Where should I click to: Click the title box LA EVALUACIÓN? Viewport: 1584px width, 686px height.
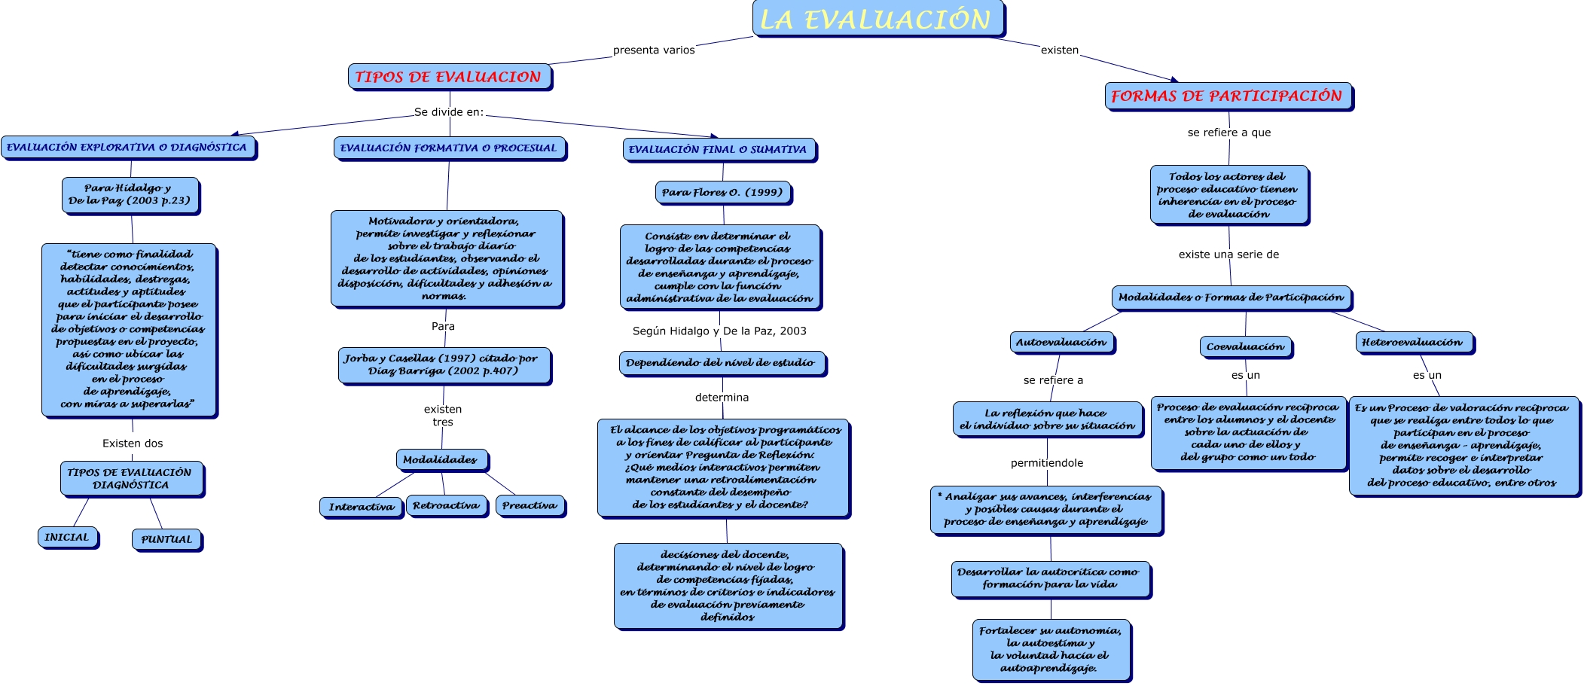[x=877, y=19]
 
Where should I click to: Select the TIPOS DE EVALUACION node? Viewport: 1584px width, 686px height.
[x=449, y=77]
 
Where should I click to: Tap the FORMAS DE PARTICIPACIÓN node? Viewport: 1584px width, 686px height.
[x=1228, y=96]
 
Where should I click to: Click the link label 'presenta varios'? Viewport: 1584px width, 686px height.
[x=654, y=50]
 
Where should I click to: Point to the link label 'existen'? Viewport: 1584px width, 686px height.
[x=1059, y=50]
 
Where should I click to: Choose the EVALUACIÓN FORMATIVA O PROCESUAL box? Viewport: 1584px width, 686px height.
[x=449, y=148]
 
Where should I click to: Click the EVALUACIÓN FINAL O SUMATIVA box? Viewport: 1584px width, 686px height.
[x=719, y=150]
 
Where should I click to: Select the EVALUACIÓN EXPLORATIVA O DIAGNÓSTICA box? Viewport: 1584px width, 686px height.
[x=127, y=148]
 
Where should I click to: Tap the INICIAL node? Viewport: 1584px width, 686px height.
[x=67, y=538]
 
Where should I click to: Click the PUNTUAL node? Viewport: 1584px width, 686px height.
[x=166, y=539]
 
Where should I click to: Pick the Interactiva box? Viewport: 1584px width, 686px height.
[x=361, y=507]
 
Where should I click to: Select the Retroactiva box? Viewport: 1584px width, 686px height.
[x=446, y=506]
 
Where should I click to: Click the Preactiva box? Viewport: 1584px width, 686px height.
[x=530, y=506]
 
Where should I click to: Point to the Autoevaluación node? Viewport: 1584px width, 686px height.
[x=1061, y=343]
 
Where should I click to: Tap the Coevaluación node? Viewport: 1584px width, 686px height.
[x=1245, y=347]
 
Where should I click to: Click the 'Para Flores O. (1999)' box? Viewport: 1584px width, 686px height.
[x=722, y=193]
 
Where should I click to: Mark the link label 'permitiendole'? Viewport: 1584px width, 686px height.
[x=1047, y=463]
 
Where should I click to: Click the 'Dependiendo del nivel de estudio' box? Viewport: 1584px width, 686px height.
[x=721, y=363]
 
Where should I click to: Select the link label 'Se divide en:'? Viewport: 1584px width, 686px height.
[x=449, y=112]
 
